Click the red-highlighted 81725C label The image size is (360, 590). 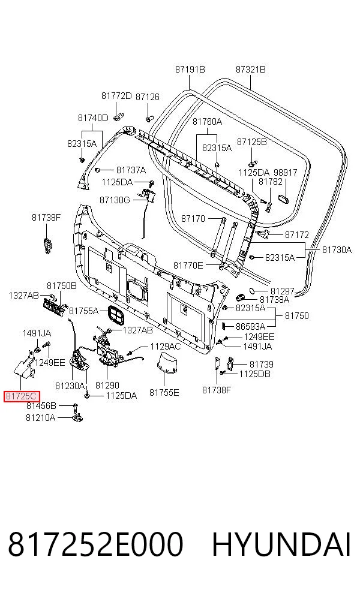[22, 396]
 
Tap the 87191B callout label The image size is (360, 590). [190, 69]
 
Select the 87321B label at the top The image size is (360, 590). [250, 69]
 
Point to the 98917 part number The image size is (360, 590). [285, 172]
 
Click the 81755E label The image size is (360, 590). [164, 393]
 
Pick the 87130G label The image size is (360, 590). [115, 200]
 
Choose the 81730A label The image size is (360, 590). [337, 249]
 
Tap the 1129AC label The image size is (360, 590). [166, 346]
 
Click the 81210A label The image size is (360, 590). [40, 417]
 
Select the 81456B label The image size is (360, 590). [41, 405]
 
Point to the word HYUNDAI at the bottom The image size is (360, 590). [281, 544]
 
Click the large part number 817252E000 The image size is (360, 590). [95, 544]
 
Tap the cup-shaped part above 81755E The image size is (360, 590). [167, 363]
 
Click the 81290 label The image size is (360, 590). [107, 385]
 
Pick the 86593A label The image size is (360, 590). [250, 326]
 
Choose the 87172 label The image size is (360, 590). [297, 234]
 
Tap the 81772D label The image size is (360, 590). [116, 95]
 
